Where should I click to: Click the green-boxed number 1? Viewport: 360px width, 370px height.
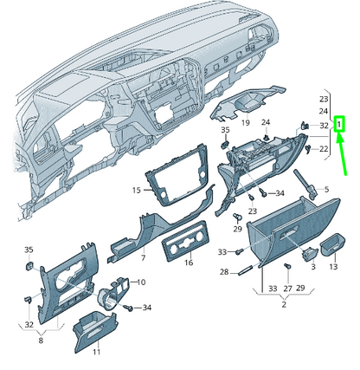click(340, 125)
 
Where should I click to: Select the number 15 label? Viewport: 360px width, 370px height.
click(136, 190)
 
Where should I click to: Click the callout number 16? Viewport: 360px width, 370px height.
click(188, 262)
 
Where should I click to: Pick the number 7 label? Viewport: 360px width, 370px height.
click(143, 257)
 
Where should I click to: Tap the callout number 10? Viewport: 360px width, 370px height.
click(141, 282)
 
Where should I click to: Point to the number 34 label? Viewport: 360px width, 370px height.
click(147, 308)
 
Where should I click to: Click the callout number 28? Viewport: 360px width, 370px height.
click(223, 272)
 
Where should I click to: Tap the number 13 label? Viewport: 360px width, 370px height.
click(332, 267)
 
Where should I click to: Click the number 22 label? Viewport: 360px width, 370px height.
click(324, 149)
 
